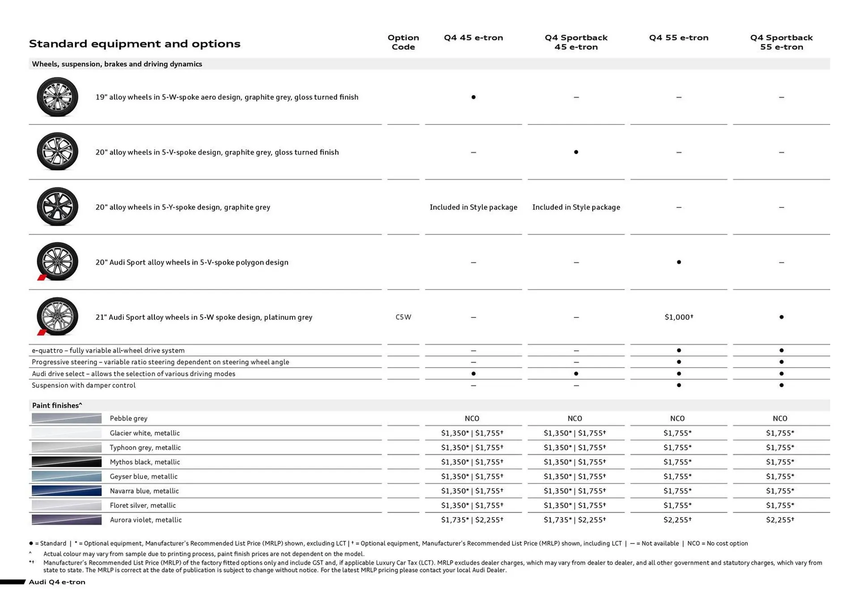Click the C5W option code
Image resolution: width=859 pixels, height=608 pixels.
point(403,317)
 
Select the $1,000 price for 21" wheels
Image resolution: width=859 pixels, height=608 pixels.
point(678,317)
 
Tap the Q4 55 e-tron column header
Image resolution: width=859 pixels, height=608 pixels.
point(678,38)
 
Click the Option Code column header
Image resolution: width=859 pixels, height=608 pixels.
point(403,42)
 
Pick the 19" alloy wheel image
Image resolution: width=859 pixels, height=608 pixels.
point(57,97)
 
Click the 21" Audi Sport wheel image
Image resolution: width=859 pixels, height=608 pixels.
point(57,317)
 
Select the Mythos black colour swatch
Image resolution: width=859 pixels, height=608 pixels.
point(67,462)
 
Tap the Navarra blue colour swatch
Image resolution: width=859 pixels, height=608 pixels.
point(67,491)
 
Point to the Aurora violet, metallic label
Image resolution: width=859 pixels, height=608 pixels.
point(145,520)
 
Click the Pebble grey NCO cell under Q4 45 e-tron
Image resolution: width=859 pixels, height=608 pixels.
point(472,418)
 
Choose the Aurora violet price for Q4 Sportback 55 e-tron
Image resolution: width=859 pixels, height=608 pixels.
point(780,520)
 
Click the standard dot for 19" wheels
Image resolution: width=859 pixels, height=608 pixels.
point(473,97)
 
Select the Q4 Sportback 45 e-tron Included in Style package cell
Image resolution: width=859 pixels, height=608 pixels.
point(576,207)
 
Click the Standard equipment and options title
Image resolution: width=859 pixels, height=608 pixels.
point(135,44)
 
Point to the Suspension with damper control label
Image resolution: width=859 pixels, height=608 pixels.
point(84,385)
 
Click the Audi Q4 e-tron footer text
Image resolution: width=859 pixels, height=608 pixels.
point(57,582)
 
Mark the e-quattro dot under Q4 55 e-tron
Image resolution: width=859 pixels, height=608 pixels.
point(679,350)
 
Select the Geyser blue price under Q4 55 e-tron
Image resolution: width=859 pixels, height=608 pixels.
point(677,476)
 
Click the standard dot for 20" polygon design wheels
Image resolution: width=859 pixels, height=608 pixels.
point(679,262)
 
